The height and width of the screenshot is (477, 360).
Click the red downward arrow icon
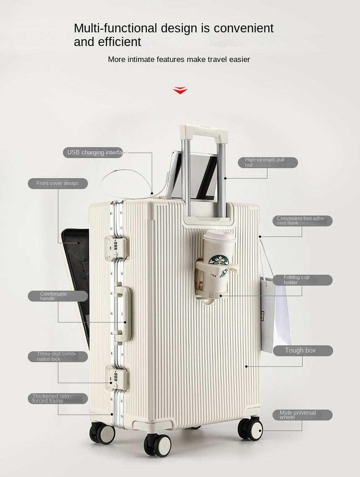[x=180, y=90]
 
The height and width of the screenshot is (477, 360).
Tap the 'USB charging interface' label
[x=94, y=153]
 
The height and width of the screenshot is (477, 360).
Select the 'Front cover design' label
[x=58, y=184]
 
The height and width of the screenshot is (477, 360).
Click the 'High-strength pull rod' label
[x=267, y=163]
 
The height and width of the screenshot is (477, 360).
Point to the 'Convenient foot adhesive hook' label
[x=302, y=221]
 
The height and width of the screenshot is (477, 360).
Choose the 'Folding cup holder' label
[x=302, y=280]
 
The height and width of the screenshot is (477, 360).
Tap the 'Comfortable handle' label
[x=58, y=296]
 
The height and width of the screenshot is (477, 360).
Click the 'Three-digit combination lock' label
[x=58, y=357]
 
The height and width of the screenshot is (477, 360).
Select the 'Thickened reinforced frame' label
[x=58, y=399]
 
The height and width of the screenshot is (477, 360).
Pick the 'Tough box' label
[x=303, y=351]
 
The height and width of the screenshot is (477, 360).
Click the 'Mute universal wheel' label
[x=302, y=415]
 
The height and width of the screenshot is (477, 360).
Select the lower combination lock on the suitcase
[x=115, y=377]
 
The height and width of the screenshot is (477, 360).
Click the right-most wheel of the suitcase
[x=251, y=429]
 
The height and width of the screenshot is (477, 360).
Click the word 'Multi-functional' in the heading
[x=116, y=28]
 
